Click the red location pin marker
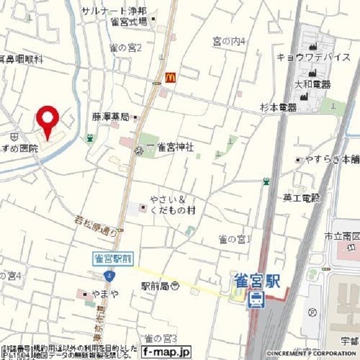coord(48,119)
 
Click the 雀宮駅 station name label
coord(258,280)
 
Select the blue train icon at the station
coord(256,299)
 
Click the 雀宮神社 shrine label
coord(174,147)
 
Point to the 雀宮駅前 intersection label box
coord(112,258)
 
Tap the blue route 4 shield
coord(109,276)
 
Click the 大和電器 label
coord(312,84)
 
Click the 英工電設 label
coord(301,198)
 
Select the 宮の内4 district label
coord(229,41)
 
